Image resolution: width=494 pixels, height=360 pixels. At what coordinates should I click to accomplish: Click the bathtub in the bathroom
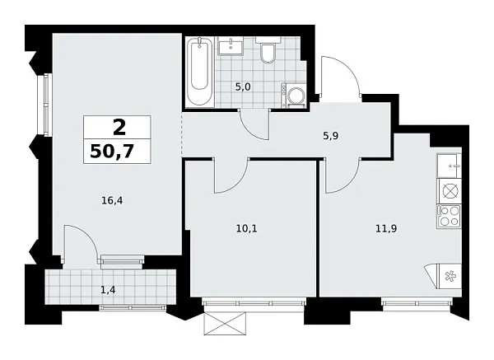[x=198, y=72]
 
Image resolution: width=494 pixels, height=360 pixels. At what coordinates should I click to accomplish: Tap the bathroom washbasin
[x=230, y=46]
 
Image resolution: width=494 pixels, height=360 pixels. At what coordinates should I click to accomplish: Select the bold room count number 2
[x=119, y=128]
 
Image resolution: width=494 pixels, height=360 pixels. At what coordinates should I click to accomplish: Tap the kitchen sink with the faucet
[x=450, y=165]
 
